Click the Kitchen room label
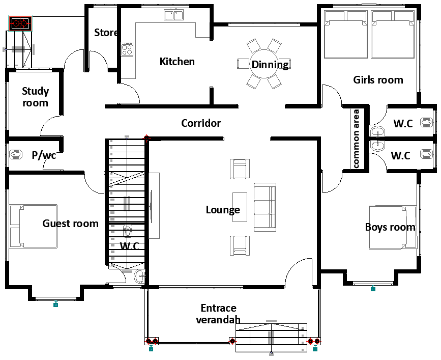coord(177,62)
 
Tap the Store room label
coord(106,33)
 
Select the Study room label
coord(36,97)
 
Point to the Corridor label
coord(201,123)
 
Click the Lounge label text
coord(223,210)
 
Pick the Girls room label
coord(378,79)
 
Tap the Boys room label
coord(390,227)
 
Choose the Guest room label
coord(70,224)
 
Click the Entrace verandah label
coord(218,314)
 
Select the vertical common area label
coord(356,139)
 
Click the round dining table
coord(263,64)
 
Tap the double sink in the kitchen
coord(174,15)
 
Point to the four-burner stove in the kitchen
coord(127,49)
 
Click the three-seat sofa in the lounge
coord(265,207)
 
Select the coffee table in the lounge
coord(240,207)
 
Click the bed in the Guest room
coord(33,226)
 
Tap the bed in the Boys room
coord(393,228)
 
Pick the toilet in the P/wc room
coord(16,154)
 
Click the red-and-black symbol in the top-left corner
coord(20,23)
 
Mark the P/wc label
coord(44,155)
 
